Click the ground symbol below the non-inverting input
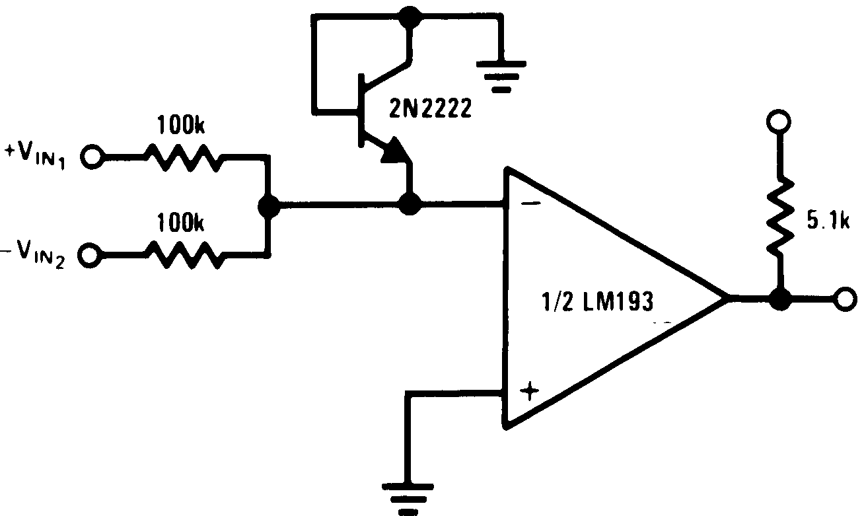[409, 496]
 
